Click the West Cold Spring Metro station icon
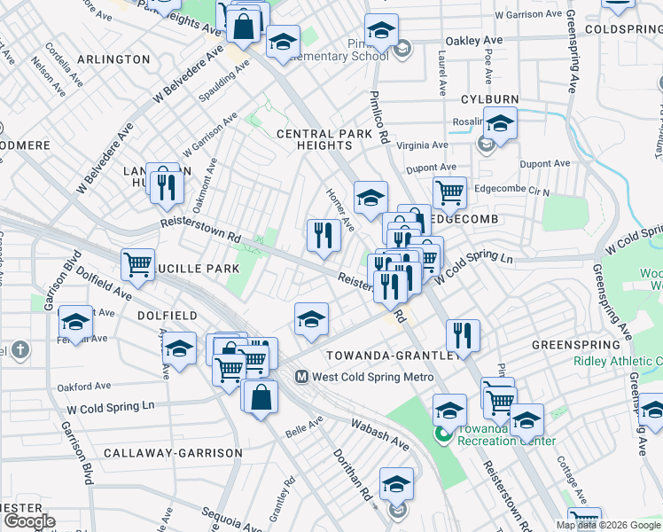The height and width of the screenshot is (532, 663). [300, 376]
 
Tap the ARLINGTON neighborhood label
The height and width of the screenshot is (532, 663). [113, 59]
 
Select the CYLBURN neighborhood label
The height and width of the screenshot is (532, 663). [488, 98]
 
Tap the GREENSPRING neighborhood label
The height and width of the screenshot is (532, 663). [574, 344]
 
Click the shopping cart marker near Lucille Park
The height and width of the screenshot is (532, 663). [137, 263]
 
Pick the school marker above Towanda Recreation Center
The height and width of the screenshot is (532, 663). [449, 410]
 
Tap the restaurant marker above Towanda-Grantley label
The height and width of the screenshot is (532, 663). [463, 335]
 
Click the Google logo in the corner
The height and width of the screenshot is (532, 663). [29, 521]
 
